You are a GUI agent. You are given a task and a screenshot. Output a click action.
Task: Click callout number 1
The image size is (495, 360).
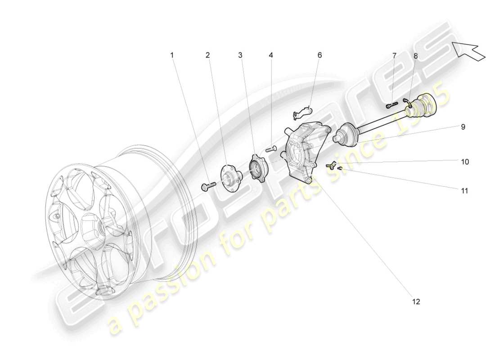coord(171,55)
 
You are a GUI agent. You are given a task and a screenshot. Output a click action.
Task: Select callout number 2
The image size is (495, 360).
coord(207,55)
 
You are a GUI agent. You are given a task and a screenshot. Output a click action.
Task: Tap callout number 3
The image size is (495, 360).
coord(240,55)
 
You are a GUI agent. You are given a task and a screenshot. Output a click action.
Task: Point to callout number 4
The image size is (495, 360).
coord(271,55)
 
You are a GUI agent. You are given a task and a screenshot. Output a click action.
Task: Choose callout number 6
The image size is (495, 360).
coord(320,55)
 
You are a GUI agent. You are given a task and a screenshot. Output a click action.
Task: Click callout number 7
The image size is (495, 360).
coord(394,56)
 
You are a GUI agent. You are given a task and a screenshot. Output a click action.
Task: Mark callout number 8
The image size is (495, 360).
coord(415,56)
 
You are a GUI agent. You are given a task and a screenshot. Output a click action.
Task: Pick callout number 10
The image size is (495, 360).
coord(465,161)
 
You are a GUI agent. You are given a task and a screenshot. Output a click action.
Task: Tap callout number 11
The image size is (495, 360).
coord(464,191)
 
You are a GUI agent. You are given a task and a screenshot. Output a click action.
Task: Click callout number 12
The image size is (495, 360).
coord(416,301)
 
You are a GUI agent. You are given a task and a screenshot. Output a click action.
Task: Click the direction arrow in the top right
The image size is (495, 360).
coord(468,49)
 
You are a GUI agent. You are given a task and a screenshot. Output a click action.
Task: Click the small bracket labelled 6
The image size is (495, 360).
coord(304,109)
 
